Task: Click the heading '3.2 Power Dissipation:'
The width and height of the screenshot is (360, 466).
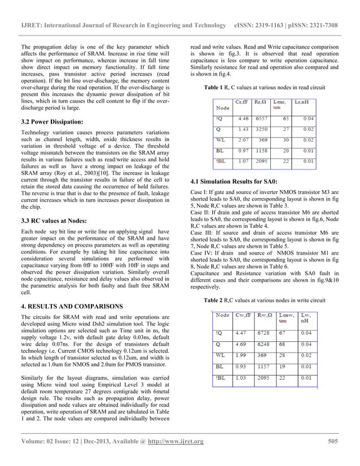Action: click(51, 122)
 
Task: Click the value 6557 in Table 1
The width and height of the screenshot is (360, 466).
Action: click(262, 119)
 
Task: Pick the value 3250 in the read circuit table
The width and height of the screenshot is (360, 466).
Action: click(262, 129)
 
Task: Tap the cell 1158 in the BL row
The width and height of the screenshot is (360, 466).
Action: click(262, 151)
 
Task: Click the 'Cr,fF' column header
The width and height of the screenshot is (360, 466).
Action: click(243, 102)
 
